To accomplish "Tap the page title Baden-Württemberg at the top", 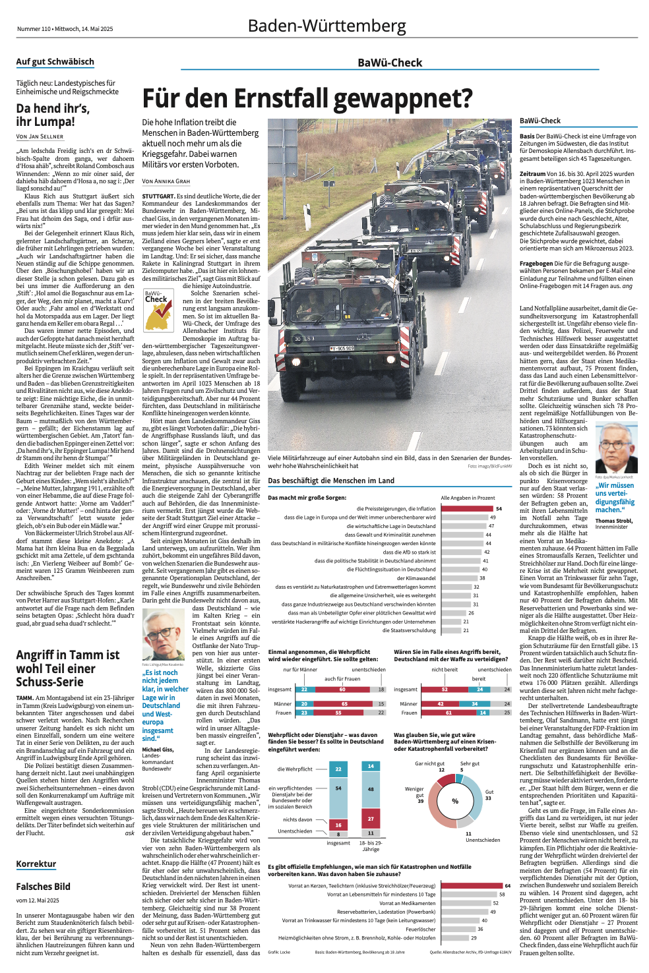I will [326, 26].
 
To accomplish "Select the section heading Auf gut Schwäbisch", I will [55, 62].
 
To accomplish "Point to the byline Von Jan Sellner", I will [40, 136].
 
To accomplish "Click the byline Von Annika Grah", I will [166, 181].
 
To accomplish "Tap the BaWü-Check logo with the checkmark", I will [158, 310].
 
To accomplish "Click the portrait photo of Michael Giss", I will [163, 634].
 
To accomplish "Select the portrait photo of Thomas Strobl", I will [616, 448].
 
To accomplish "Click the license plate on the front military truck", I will [342, 348].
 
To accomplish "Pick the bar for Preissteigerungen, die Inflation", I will [466, 508].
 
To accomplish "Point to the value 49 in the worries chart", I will [493, 517].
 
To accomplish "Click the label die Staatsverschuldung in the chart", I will [409, 630].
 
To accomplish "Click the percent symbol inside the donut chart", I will [455, 801].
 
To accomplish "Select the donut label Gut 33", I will [489, 795].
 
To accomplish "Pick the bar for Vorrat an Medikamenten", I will [465, 903].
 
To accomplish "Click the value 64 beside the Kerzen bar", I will [507, 885].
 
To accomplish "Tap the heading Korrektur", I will [36, 864].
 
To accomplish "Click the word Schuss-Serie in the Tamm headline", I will [49, 682].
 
